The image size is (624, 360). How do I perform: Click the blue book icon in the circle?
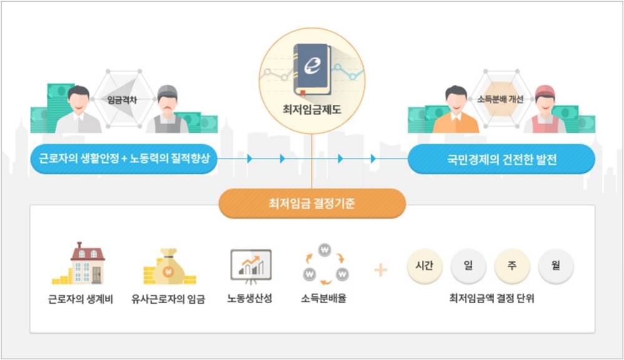(313, 70)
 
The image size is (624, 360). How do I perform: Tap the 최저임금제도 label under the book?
(312, 109)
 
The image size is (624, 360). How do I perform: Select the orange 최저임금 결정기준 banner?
(312, 203)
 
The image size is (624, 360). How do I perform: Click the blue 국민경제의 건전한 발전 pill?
(502, 159)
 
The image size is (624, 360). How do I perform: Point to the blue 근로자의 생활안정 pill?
(124, 158)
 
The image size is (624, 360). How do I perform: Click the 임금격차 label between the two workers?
(122, 100)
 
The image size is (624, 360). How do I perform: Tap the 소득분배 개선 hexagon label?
(500, 99)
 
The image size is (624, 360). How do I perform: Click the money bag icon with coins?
(169, 266)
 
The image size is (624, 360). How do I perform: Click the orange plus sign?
(381, 270)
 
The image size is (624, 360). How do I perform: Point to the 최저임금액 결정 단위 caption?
(492, 298)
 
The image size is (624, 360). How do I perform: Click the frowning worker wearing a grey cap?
(167, 109)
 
